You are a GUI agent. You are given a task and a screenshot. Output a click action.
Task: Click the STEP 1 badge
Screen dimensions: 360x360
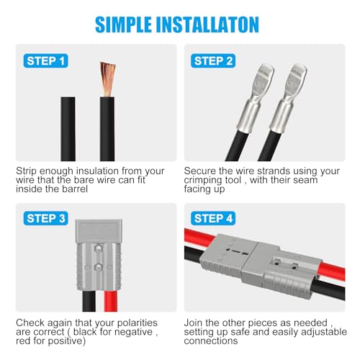45,61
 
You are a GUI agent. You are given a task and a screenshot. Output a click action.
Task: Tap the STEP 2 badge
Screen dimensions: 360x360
213,61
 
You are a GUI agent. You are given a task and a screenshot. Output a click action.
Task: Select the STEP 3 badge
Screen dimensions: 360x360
45,218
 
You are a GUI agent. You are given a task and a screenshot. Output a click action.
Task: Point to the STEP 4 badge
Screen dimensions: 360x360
213,218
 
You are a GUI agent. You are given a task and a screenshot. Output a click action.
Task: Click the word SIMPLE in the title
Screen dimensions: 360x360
123,24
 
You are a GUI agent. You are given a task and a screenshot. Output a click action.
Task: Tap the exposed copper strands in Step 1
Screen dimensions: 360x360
108,79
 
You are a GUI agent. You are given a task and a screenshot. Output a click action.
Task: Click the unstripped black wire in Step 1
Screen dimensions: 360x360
68,129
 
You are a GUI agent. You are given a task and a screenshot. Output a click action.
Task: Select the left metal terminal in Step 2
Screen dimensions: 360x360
254,97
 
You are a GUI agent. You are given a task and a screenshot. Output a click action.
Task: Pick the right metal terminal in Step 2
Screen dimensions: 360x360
287,97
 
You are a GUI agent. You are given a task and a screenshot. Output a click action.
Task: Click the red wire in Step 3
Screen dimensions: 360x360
111,301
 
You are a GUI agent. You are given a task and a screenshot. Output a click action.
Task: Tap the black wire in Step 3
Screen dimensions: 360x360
89,301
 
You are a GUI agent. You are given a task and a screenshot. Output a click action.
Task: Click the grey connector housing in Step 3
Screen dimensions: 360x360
99,255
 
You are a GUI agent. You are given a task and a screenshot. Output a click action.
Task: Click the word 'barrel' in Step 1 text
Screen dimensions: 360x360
75,189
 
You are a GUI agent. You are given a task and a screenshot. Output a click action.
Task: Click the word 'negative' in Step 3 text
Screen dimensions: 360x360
135,333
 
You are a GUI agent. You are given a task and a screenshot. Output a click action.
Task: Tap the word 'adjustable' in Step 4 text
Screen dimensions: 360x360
324,332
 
